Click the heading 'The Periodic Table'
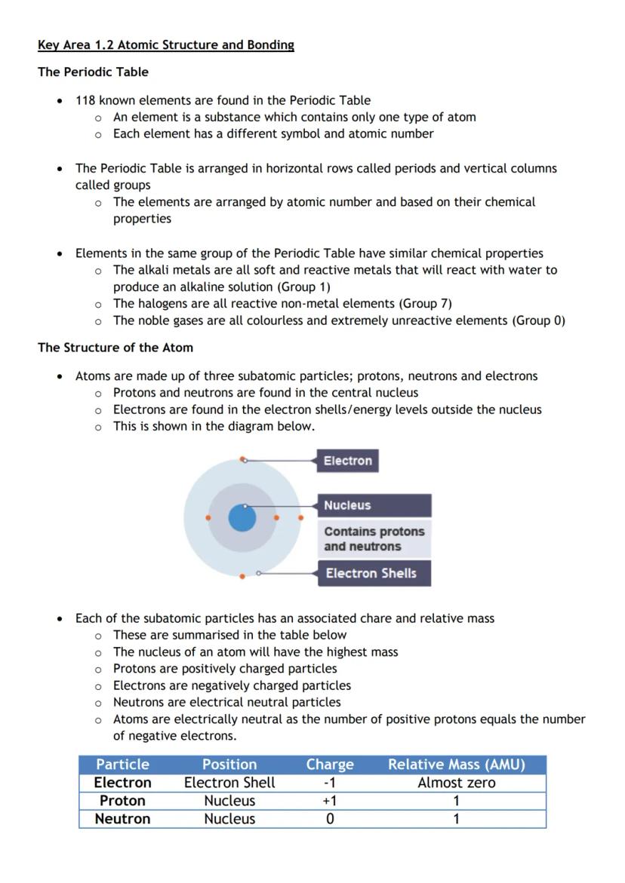[93, 72]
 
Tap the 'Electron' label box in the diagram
[347, 461]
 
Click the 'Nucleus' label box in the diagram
[375, 505]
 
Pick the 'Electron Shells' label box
[374, 573]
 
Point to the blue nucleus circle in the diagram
[242, 518]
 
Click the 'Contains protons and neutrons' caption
[374, 539]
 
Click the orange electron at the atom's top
[243, 459]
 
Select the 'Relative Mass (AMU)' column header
[456, 765]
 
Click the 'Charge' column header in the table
[330, 765]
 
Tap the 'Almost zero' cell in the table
[456, 783]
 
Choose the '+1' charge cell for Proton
[330, 801]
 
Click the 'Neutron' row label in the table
[122, 819]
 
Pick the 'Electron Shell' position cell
[229, 783]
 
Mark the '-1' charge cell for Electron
[330, 783]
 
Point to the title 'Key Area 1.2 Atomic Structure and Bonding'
[166, 45]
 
